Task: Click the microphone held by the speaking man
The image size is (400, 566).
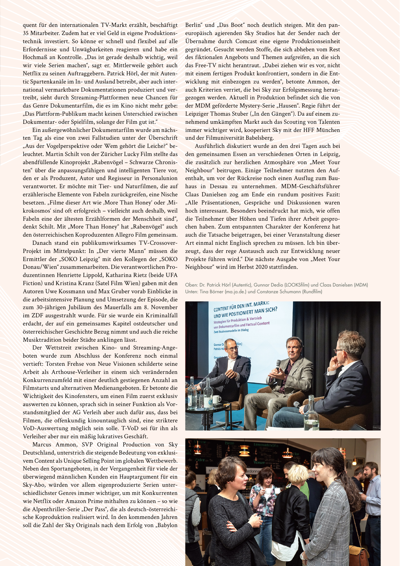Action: (278, 364)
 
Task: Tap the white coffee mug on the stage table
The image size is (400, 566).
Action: (216, 399)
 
